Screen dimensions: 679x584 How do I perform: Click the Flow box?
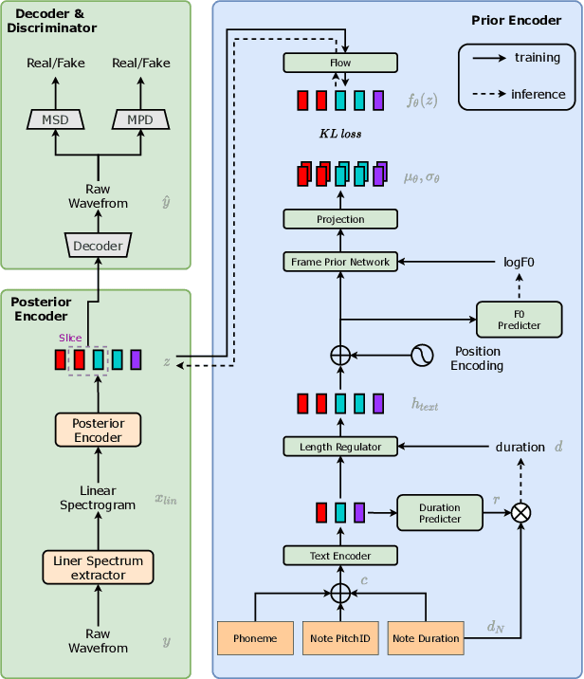click(340, 64)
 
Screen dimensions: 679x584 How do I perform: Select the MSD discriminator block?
click(56, 119)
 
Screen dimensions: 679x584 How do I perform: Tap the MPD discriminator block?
click(140, 119)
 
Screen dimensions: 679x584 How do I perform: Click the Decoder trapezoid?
click(99, 246)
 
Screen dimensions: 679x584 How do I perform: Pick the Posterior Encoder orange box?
click(99, 430)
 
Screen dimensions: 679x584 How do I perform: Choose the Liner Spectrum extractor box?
click(99, 567)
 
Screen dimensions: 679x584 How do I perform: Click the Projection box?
click(340, 219)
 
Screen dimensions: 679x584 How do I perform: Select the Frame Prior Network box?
click(340, 262)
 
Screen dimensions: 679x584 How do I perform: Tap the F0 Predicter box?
click(519, 319)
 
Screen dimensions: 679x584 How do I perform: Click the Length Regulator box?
click(340, 446)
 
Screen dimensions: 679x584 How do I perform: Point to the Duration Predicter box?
click(440, 513)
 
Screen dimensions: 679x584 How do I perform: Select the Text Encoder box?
click(340, 556)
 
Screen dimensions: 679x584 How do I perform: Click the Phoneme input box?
click(254, 638)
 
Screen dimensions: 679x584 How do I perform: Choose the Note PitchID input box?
click(340, 638)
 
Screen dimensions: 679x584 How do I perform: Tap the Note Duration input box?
click(426, 638)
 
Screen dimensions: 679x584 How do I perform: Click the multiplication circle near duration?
click(520, 513)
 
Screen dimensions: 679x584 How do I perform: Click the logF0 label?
click(520, 263)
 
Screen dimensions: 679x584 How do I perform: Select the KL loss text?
click(339, 135)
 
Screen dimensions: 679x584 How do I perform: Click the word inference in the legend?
click(538, 94)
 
